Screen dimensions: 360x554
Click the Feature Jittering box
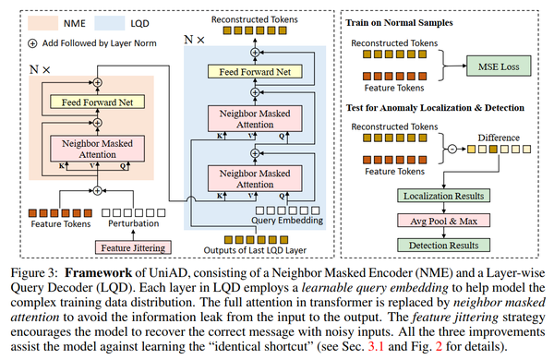tap(133, 246)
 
